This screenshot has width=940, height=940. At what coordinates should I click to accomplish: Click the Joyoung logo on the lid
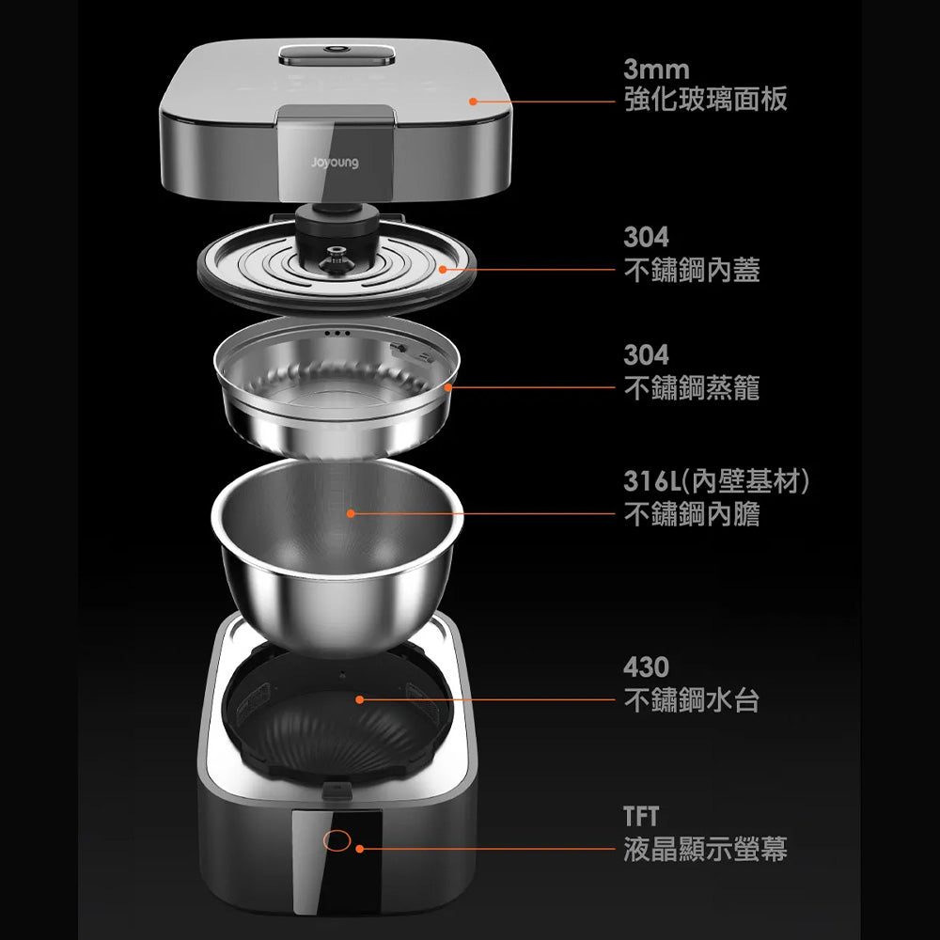336,163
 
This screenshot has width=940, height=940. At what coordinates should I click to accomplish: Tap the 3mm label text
656,70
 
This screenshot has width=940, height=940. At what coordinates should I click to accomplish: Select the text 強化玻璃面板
706,100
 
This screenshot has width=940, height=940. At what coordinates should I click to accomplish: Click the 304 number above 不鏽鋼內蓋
647,237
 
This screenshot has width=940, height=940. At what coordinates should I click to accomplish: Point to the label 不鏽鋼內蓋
692,270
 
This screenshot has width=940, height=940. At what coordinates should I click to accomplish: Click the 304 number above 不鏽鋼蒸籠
647,354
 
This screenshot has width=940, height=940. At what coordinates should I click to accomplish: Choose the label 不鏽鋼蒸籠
692,388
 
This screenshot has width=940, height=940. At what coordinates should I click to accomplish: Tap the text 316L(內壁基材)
716,480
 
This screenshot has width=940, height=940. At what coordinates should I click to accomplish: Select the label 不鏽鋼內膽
692,514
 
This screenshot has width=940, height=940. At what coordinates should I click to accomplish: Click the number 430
647,666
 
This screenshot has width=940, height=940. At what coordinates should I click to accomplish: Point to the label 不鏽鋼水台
692,699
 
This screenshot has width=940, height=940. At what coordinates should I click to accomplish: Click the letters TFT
641,816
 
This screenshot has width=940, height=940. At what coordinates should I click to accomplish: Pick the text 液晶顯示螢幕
706,849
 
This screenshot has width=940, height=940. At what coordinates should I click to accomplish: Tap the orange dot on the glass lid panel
473,102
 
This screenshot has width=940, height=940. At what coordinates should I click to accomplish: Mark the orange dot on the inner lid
443,269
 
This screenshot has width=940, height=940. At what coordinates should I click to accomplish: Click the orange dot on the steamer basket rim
447,387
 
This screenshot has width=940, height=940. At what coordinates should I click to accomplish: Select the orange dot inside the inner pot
351,513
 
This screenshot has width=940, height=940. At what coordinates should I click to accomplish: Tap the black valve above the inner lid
337,227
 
